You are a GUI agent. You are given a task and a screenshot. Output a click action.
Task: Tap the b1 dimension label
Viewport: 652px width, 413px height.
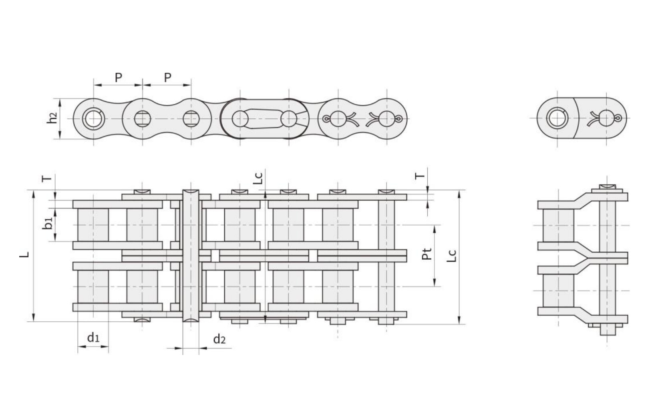pos(48,224)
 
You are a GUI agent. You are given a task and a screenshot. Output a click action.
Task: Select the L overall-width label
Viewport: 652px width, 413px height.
pos(25,254)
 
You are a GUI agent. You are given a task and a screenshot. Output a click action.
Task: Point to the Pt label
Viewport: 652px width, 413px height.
pos(427,254)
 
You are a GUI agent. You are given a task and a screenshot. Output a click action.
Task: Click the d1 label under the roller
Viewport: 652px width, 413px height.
pos(93,338)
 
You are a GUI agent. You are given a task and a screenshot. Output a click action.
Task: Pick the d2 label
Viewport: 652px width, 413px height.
pos(219,339)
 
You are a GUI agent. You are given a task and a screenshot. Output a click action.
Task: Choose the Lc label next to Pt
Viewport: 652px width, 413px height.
pos(451,256)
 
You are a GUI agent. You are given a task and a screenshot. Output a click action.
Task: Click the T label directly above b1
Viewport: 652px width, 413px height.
pos(47,178)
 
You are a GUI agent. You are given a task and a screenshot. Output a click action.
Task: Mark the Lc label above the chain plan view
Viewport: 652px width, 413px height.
pos(259,178)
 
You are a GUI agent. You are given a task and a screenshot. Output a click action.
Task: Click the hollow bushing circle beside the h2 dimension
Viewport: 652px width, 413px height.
pos(93,119)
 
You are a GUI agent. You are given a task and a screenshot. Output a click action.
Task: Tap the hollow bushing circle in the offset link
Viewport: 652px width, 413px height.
pos(557,119)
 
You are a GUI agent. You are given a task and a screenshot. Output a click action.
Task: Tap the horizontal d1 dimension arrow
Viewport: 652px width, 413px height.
pos(93,347)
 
